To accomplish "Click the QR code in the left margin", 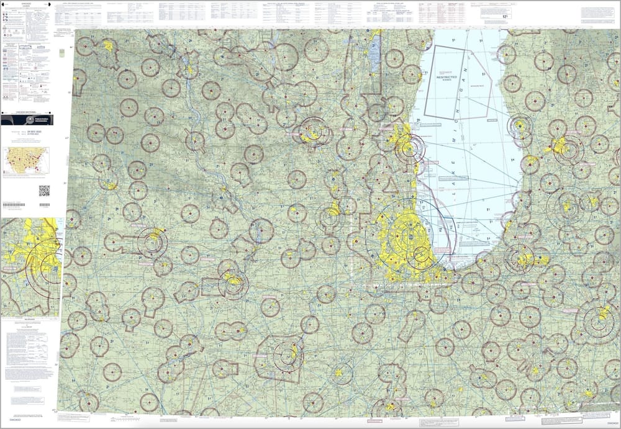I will click(44, 191).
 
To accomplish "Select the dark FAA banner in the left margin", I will click(27, 120).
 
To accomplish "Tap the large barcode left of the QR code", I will click(14, 204).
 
